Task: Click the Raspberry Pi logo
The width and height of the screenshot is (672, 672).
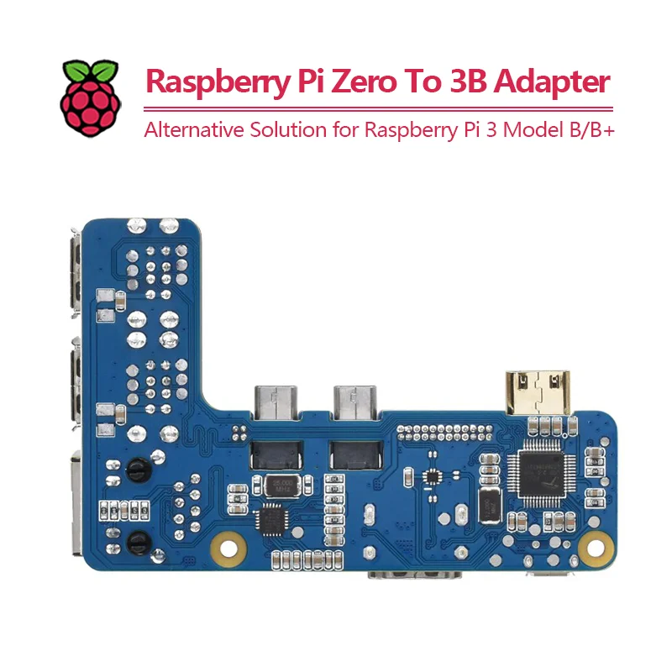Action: point(90,97)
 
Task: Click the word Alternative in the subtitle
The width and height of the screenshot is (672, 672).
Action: point(189,132)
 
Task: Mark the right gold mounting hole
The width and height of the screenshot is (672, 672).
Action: point(596,549)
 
